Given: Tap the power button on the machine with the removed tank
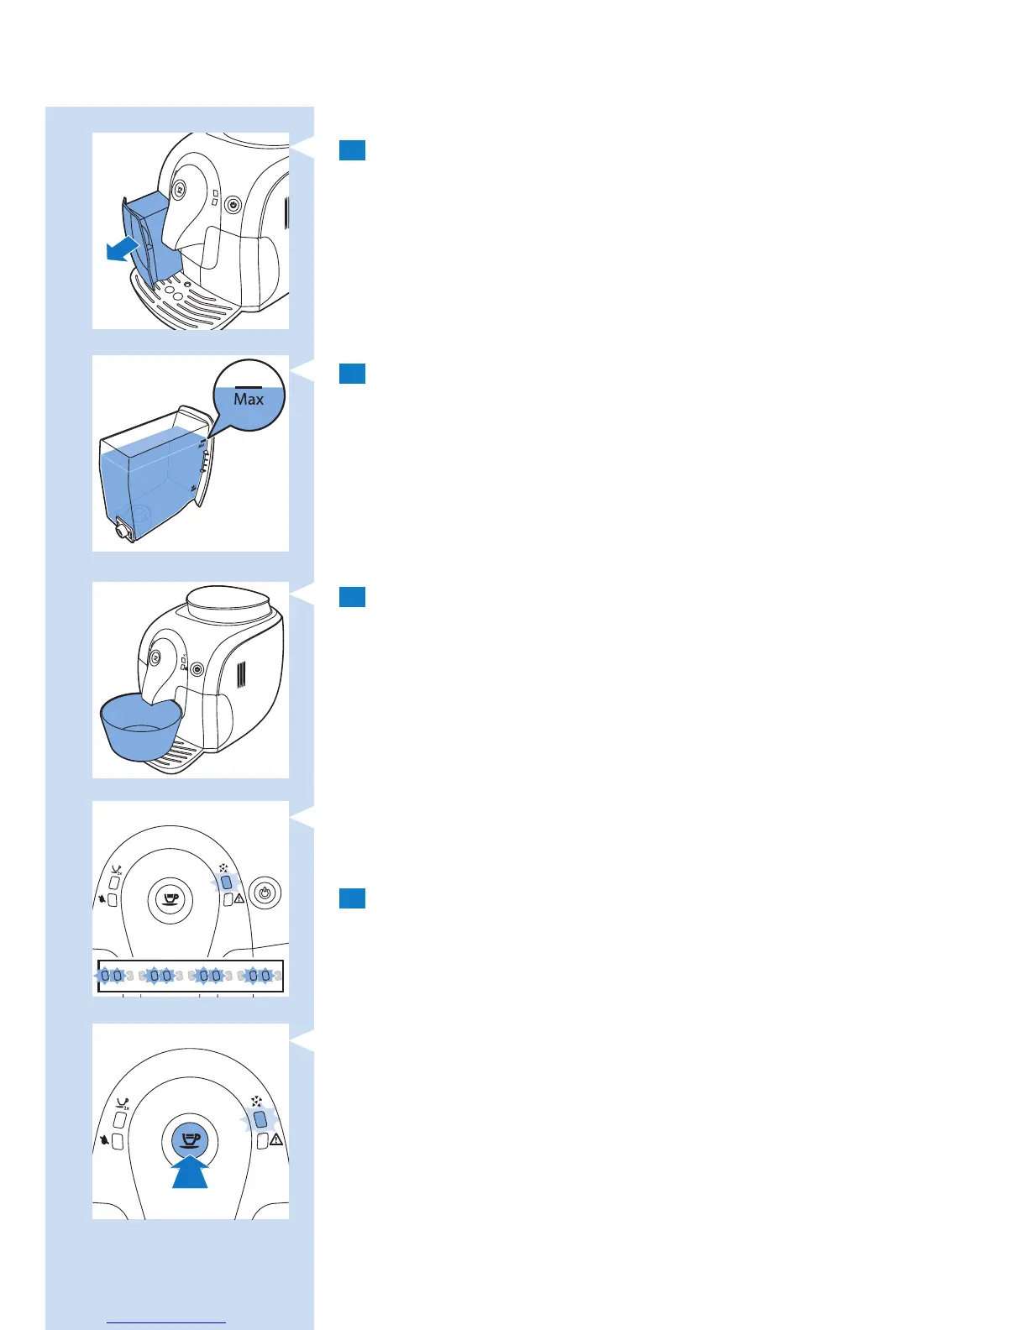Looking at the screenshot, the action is click(233, 204).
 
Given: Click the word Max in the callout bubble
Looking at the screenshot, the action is click(249, 400).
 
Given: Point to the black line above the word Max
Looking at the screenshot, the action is click(249, 387).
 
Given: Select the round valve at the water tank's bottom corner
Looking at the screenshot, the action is click(123, 530).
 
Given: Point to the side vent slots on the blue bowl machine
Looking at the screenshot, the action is click(241, 674).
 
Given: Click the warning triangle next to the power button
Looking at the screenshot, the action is click(239, 899).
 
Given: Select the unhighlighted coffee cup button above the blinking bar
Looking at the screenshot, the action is click(170, 899).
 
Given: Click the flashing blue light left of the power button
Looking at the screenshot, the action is click(226, 882).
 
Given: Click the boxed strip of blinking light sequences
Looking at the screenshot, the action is click(191, 976).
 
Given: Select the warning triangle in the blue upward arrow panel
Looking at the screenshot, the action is click(275, 1140).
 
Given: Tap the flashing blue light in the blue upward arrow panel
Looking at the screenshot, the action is click(260, 1118).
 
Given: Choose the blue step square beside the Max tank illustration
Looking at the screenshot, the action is click(352, 373).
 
